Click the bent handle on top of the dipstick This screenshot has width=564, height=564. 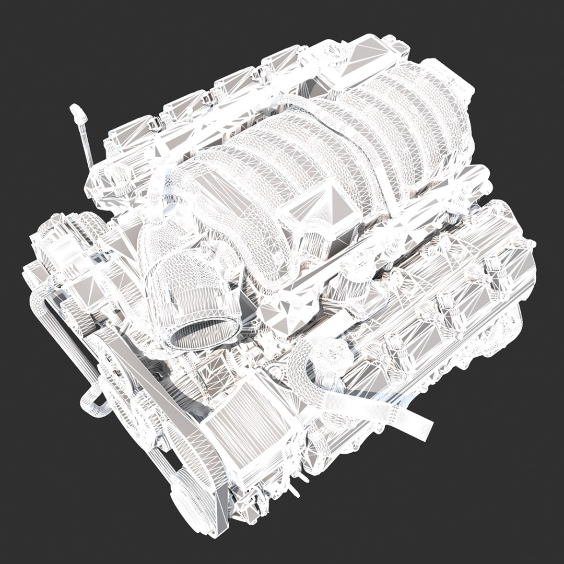(x=76, y=111)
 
